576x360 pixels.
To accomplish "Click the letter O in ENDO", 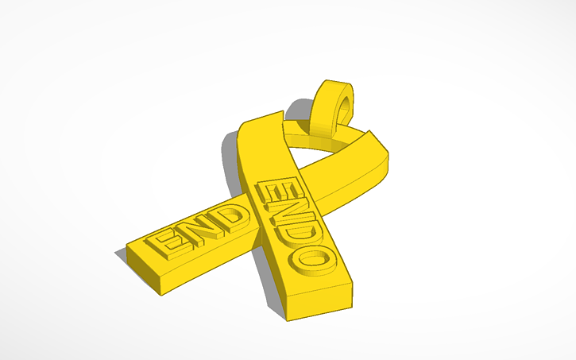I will pos(313,256).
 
